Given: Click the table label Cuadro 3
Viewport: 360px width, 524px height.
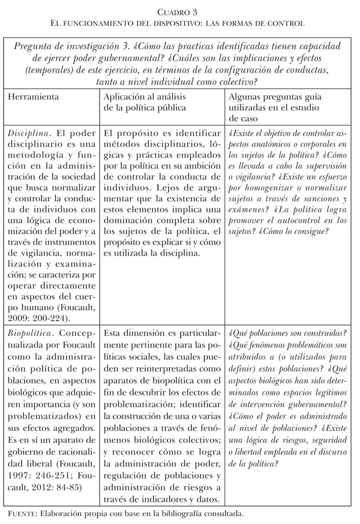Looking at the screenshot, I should pos(179,10).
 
